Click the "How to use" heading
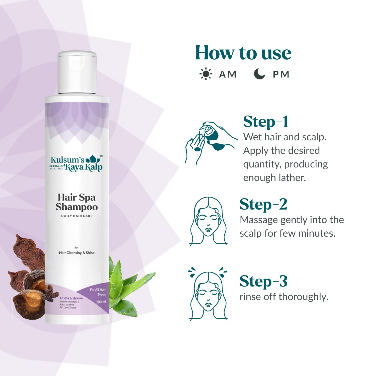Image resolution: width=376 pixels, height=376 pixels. (x=243, y=53)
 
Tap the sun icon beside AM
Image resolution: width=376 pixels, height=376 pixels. (x=206, y=74)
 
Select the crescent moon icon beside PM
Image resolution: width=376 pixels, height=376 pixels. (x=259, y=74)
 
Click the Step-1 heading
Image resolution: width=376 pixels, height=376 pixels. (x=266, y=122)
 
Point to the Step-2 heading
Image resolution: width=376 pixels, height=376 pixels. (x=263, y=205)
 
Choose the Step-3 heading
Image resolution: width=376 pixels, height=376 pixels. (x=263, y=281)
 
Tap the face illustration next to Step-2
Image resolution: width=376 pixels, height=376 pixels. (x=208, y=221)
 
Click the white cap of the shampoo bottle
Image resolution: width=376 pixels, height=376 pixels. (x=77, y=73)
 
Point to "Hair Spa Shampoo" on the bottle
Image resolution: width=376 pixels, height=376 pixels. (x=77, y=202)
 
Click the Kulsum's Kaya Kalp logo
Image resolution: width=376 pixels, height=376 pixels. (x=76, y=163)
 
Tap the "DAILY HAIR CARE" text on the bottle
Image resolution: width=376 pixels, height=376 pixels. (x=77, y=216)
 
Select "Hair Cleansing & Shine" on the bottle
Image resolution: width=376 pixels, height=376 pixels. (x=77, y=253)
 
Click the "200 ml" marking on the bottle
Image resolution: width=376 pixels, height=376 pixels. (x=101, y=302)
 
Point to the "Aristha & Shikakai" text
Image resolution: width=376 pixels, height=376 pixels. (x=71, y=298)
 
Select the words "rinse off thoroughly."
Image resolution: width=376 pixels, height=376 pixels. (x=284, y=297)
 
